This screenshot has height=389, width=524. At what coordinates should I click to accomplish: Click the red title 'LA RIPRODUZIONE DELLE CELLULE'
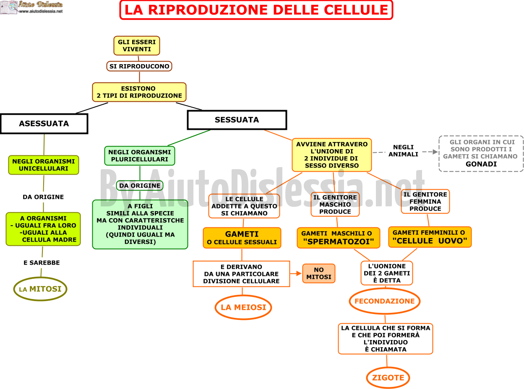pyautogui.click(x=256, y=10)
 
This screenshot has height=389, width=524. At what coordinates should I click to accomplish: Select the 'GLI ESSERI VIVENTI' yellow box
pyautogui.click(x=136, y=46)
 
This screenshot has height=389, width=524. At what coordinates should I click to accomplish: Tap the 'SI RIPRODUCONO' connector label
pyautogui.click(x=139, y=66)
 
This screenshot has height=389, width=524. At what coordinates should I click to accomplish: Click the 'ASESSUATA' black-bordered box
pyautogui.click(x=44, y=124)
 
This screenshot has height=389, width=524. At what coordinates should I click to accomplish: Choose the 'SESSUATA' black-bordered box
pyautogui.click(x=237, y=120)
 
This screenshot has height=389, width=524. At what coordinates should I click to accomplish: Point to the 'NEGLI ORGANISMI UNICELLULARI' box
pyautogui.click(x=44, y=165)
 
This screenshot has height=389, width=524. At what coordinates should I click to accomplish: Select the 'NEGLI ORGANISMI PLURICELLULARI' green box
pyautogui.click(x=140, y=156)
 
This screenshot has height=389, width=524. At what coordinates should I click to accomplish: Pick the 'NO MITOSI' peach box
pyautogui.click(x=319, y=273)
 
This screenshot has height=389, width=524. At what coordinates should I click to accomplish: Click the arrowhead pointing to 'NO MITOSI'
pyautogui.click(x=299, y=273)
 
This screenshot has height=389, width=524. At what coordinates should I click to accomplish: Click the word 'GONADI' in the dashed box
pyautogui.click(x=481, y=164)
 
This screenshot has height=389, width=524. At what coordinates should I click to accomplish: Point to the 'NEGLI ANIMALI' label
pyautogui.click(x=403, y=150)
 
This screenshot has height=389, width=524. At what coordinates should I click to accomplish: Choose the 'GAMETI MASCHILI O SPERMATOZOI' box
pyautogui.click(x=338, y=238)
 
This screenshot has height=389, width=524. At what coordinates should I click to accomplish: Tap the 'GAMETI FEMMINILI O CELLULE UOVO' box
pyautogui.click(x=430, y=237)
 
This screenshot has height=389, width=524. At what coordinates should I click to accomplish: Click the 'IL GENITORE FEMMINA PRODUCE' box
pyautogui.click(x=425, y=201)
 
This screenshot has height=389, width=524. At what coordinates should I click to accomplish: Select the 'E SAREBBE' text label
pyautogui.click(x=42, y=263)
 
